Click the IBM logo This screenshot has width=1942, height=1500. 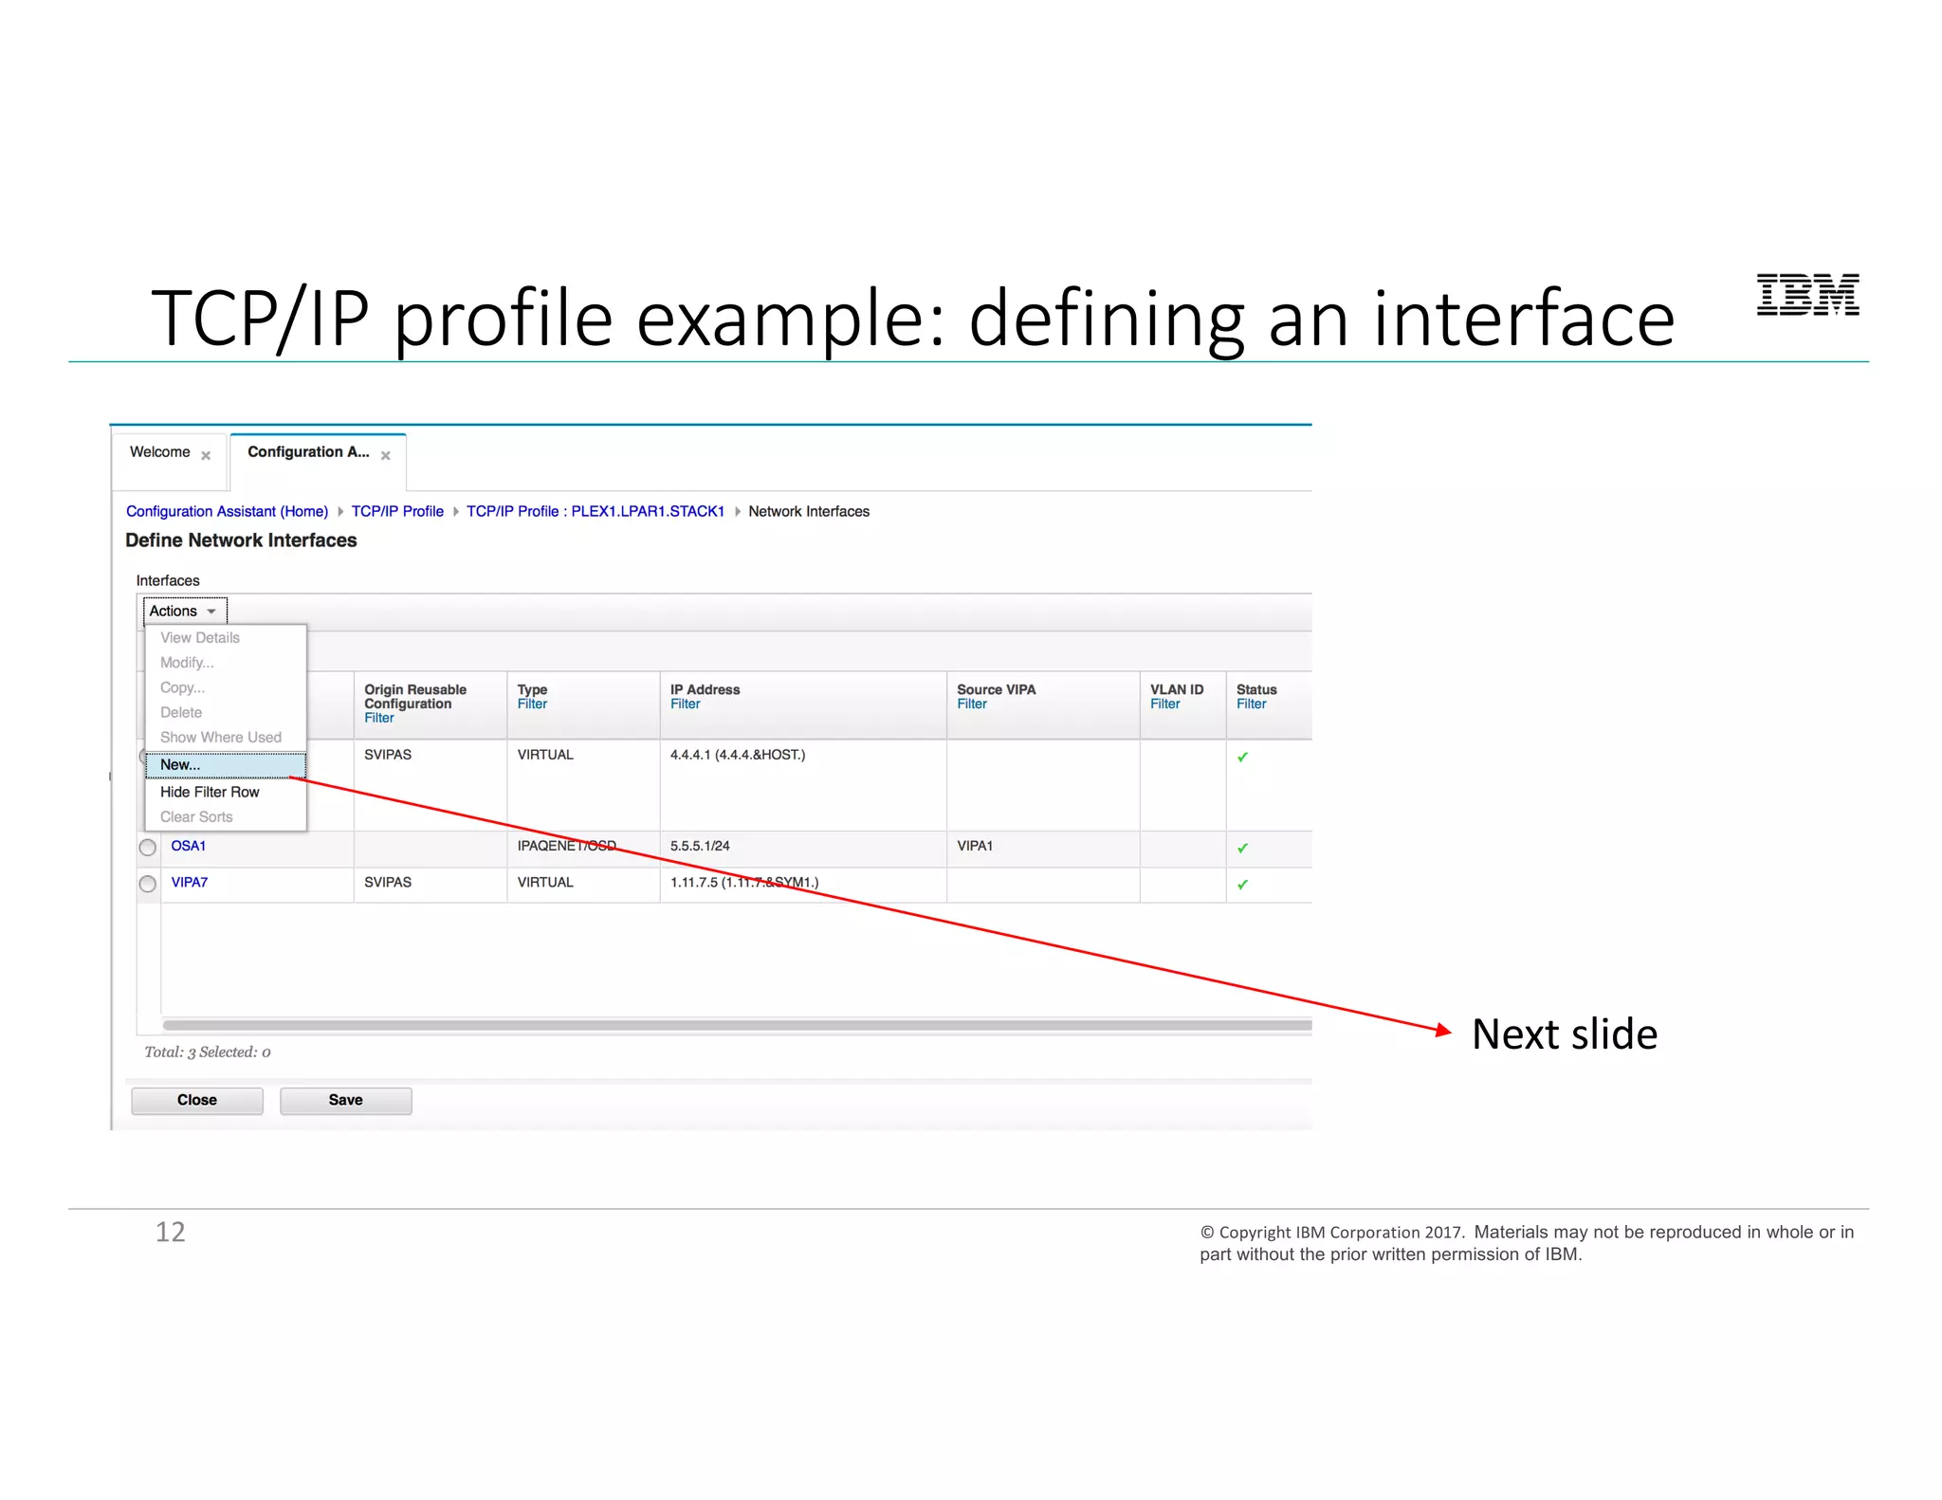click(1806, 295)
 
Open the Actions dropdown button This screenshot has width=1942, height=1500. click(184, 612)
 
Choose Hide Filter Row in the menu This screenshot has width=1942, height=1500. click(210, 792)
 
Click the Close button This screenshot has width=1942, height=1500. click(196, 1100)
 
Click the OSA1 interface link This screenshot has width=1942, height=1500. click(188, 846)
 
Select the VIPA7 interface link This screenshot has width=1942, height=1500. click(189, 882)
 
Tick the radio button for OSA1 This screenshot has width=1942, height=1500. click(148, 848)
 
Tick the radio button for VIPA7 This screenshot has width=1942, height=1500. click(148, 884)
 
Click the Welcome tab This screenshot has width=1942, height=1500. click(160, 452)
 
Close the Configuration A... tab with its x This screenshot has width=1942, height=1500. click(386, 456)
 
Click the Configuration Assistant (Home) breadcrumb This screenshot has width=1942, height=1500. click(227, 511)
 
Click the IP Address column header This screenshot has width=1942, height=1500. click(705, 689)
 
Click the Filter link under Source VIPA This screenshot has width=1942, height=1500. click(971, 704)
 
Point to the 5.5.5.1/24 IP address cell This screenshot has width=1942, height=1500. click(700, 846)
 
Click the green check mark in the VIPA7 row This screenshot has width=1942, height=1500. click(1242, 885)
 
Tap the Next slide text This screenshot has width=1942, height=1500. click(1564, 1034)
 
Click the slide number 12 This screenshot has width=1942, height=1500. click(171, 1232)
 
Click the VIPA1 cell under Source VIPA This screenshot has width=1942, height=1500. click(974, 846)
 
